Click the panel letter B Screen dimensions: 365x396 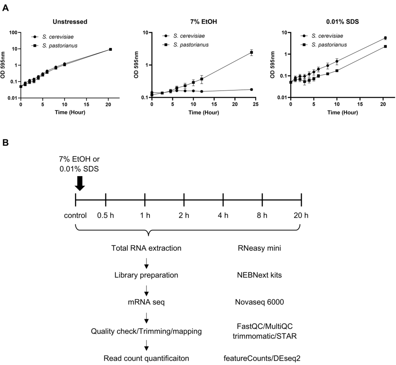pyautogui.click(x=6, y=142)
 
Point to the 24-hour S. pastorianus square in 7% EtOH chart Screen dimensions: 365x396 pyautogui.click(x=251, y=52)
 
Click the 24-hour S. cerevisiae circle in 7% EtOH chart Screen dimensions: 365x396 pyautogui.click(x=251, y=89)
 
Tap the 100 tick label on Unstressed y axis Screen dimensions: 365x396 pyautogui.click(x=12, y=32)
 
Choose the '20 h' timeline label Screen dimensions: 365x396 pyautogui.click(x=301, y=216)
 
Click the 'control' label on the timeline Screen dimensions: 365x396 pyautogui.click(x=75, y=216)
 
